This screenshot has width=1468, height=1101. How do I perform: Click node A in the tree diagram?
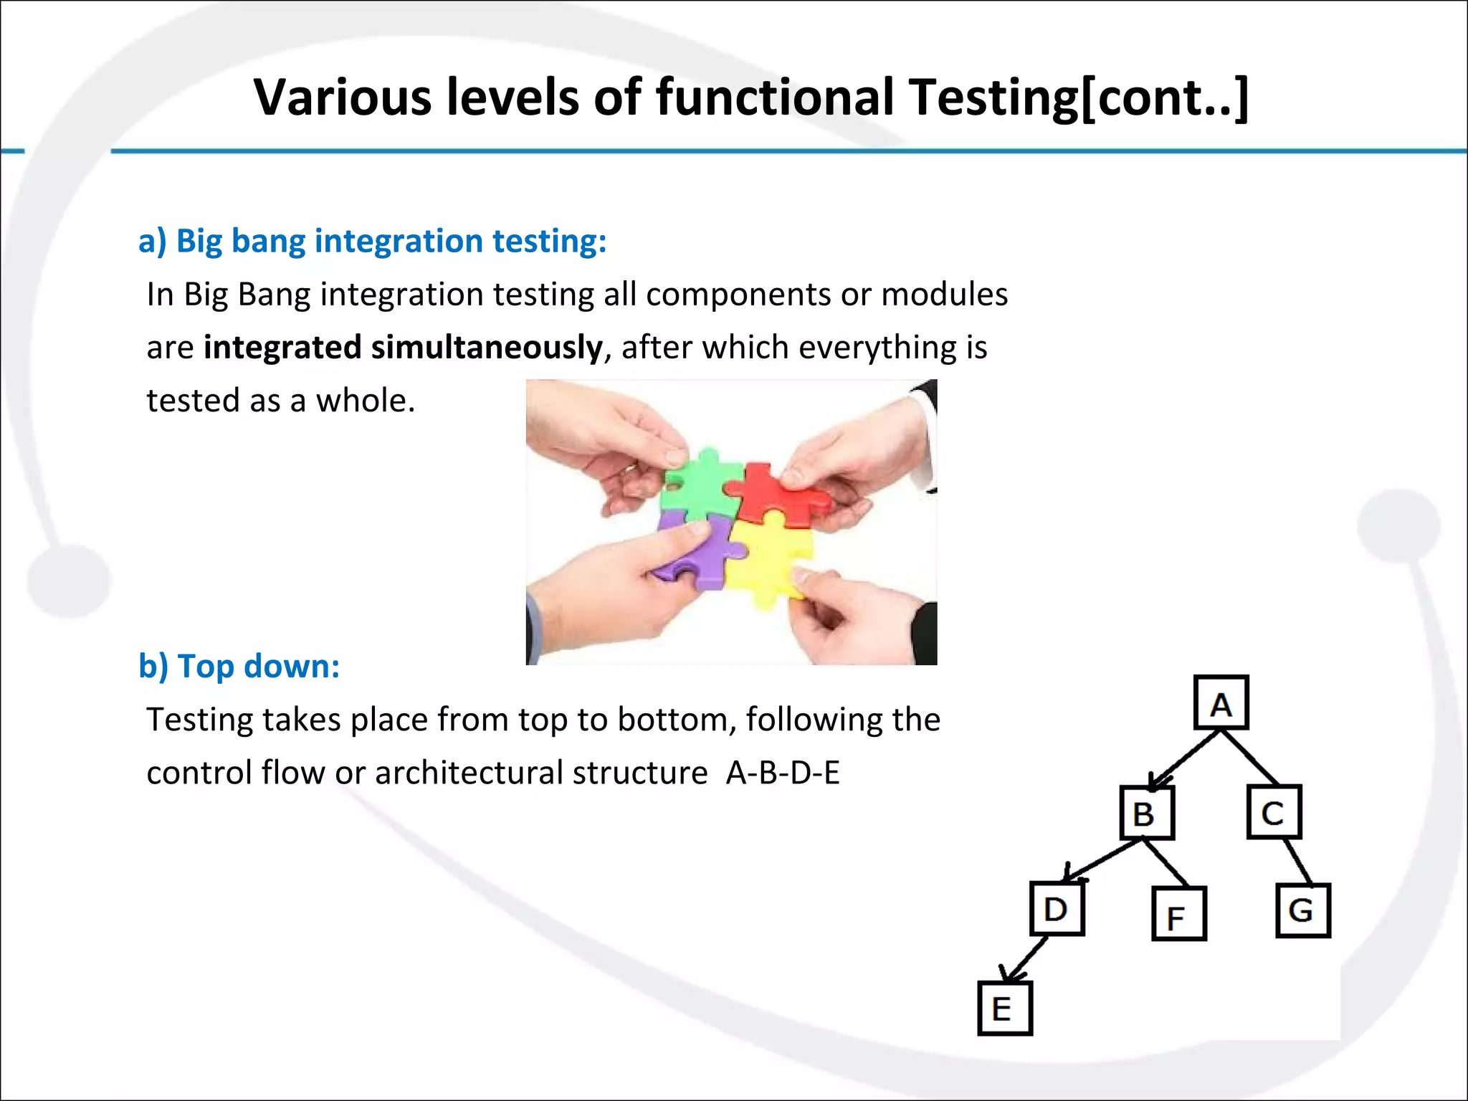point(1221,703)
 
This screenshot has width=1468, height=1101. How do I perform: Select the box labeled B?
point(1147,813)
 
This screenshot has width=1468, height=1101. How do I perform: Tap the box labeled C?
point(1274,812)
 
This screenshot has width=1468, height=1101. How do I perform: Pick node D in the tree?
point(1057,909)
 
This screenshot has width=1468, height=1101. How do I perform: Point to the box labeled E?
point(1005,1009)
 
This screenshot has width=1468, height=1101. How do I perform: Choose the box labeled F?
point(1179,914)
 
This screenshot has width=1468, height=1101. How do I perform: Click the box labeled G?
point(1303,910)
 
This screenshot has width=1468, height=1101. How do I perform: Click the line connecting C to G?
point(1298,862)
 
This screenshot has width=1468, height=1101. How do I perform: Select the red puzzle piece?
point(778,495)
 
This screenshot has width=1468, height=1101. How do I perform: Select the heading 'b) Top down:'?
point(239,666)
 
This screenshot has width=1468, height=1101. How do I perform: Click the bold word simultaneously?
point(487,348)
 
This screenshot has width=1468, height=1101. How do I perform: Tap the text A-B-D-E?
point(783,773)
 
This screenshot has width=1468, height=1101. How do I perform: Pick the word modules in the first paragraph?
point(944,295)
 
